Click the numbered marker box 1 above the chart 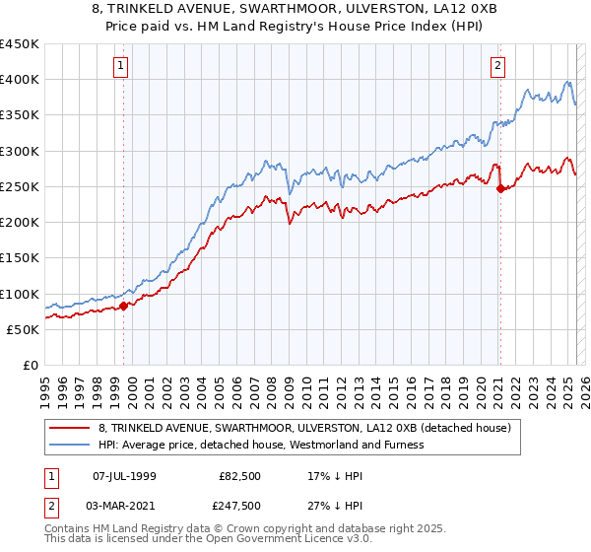[x=120, y=66]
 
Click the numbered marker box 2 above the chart [x=497, y=66]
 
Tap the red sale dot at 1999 [x=124, y=306]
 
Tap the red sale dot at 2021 [x=500, y=188]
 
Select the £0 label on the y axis [x=30, y=365]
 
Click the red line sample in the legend [x=70, y=429]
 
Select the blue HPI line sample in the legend [x=70, y=445]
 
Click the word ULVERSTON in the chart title [x=387, y=10]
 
